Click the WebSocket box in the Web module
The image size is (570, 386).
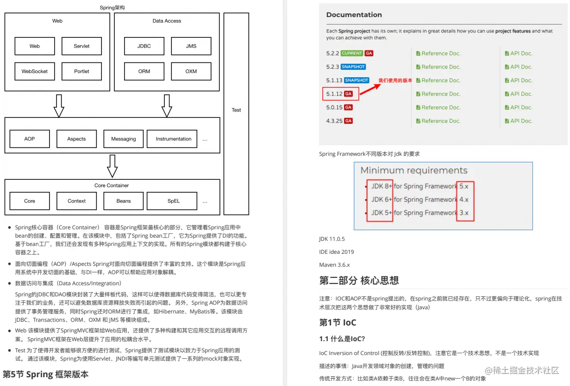tap(35, 71)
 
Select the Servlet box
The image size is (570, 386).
tap(81, 46)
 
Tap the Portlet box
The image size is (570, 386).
tap(81, 71)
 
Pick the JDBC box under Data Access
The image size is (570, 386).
tap(144, 46)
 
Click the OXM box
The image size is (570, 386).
tap(191, 71)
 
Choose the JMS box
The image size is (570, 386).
tap(191, 46)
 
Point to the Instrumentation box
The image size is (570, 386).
tap(174, 139)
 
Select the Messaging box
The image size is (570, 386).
tap(124, 139)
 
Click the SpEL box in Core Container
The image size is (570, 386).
tap(174, 201)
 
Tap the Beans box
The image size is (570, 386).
tap(124, 201)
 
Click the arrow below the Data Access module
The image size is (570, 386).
tap(167, 105)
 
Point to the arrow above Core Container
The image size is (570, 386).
tap(112, 166)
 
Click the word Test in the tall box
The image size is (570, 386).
tap(236, 110)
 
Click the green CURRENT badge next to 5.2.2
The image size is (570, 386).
tap(352, 53)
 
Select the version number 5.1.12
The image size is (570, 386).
tap(334, 94)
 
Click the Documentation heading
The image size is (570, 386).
tap(354, 15)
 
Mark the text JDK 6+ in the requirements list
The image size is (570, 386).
tap(381, 200)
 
